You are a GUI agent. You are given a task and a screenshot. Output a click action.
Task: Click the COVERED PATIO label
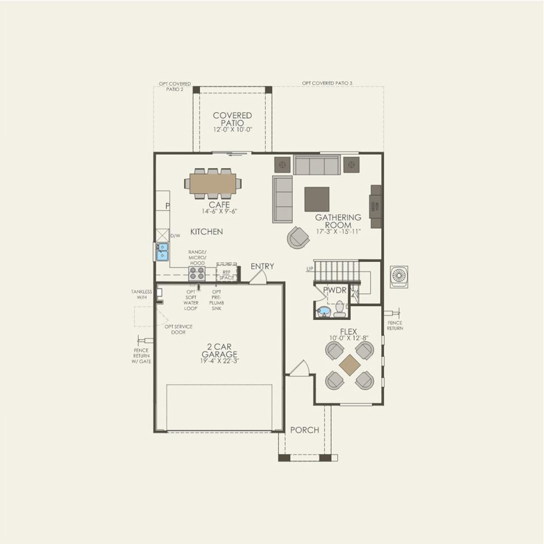(x=232, y=119)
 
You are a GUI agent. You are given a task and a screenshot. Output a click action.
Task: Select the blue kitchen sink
(x=162, y=252)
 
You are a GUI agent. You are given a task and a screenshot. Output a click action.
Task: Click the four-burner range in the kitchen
(x=197, y=273)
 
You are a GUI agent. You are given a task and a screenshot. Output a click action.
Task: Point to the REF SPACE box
(x=227, y=275)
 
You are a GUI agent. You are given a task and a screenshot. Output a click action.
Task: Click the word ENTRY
(x=262, y=266)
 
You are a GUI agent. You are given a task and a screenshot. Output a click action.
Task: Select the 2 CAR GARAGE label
(x=219, y=351)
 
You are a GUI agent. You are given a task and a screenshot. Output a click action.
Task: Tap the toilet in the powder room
(x=340, y=309)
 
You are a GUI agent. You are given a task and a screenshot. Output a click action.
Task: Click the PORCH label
(x=304, y=430)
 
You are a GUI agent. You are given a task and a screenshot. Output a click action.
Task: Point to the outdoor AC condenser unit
(x=399, y=277)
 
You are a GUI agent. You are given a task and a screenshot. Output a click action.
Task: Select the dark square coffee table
(x=317, y=199)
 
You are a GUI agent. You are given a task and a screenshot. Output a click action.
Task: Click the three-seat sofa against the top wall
(x=317, y=165)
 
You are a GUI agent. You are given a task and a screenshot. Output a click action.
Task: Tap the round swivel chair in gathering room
(x=298, y=237)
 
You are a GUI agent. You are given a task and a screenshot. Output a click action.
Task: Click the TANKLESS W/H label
(x=141, y=294)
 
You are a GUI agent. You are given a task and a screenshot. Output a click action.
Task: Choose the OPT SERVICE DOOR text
(x=178, y=329)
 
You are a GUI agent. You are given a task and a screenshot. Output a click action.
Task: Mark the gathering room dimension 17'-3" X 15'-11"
(x=338, y=232)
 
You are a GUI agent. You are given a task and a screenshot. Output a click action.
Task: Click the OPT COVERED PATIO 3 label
(x=327, y=83)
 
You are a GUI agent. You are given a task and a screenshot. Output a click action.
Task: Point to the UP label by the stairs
(x=310, y=268)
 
